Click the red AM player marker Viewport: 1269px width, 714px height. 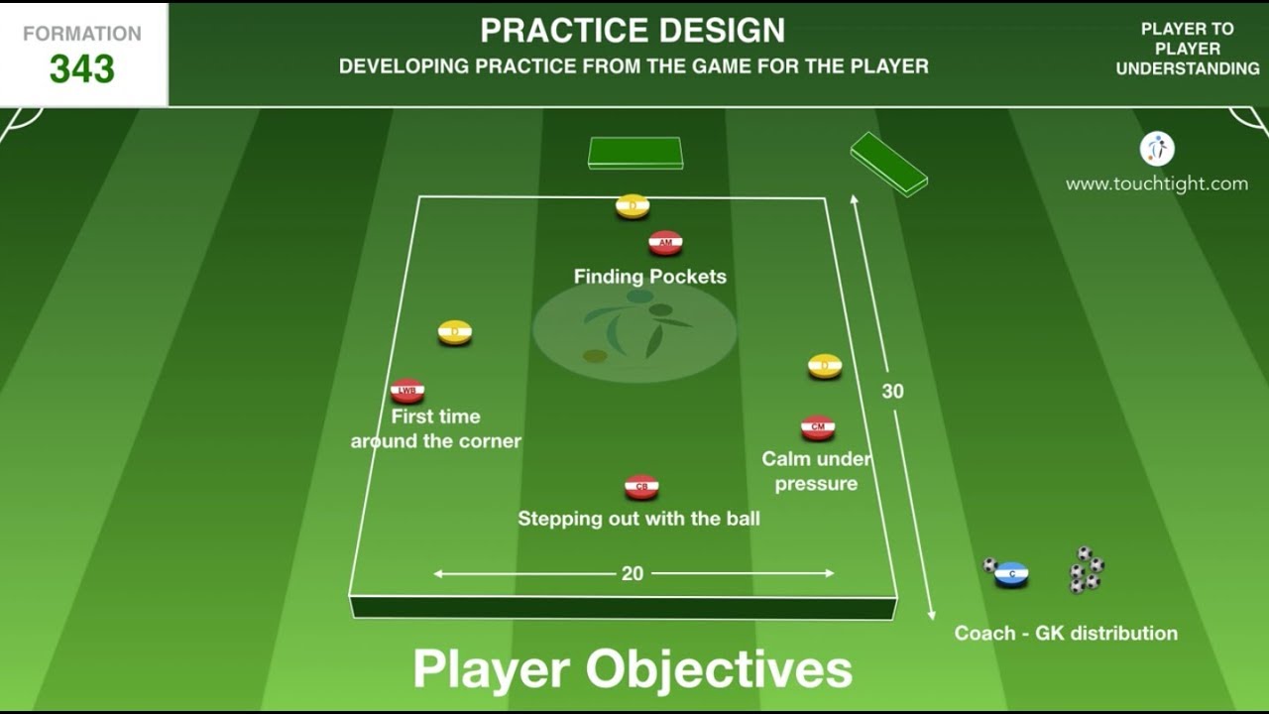pos(665,242)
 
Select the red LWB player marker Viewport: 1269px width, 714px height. pos(407,391)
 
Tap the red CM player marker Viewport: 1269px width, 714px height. pos(818,427)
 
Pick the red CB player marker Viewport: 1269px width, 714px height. pos(641,487)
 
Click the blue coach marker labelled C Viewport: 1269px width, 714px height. pos(1011,573)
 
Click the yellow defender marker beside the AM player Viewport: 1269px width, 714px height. pos(633,206)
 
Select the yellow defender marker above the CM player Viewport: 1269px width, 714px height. pos(825,366)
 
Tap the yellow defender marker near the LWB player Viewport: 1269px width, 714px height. pos(455,332)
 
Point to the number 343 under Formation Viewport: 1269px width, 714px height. pos(82,69)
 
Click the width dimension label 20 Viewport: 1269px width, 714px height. pos(633,573)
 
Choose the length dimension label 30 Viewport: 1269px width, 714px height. pos(892,392)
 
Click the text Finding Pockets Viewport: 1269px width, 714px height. pos(650,277)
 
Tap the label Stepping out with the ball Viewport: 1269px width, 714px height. pos(638,519)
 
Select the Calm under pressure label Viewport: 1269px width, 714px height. pos(816,471)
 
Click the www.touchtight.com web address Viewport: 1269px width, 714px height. pos(1156,183)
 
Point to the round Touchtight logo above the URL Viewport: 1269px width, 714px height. pos(1157,149)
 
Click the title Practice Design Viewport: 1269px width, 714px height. pos(633,31)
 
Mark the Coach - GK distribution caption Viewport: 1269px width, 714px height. pos(1066,633)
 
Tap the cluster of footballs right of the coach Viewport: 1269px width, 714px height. pos(1086,569)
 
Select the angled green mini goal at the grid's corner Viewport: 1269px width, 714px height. pos(888,163)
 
